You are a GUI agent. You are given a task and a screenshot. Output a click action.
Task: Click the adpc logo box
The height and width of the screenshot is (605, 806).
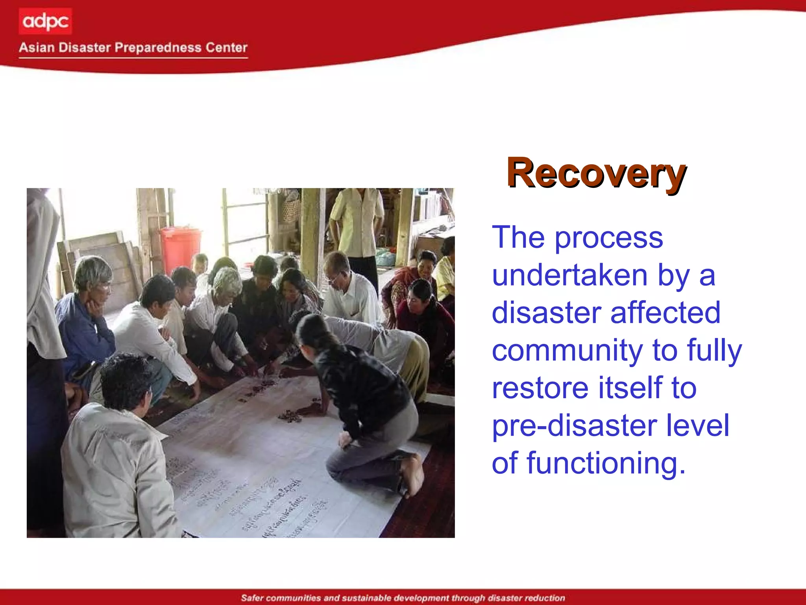coord(45,21)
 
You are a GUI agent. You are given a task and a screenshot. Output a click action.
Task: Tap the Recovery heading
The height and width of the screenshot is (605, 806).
coord(596,173)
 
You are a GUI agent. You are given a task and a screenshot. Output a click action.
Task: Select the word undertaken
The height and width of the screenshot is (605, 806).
coord(569,275)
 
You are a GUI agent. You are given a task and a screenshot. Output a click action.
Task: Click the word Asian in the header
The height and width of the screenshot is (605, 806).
coord(37,48)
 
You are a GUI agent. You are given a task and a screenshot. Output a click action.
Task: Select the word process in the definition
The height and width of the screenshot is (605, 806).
coord(608,238)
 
